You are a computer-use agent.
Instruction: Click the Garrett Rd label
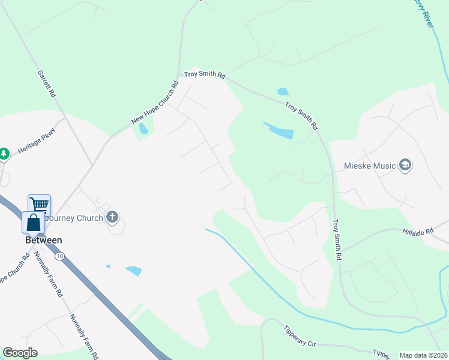[46, 83]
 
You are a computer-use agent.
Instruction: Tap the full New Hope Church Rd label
[155, 103]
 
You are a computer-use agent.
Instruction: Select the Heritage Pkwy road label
[37, 142]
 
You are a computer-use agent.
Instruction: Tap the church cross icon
[112, 217]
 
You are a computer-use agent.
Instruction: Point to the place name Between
[43, 240]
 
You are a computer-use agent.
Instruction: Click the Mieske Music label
[370, 166]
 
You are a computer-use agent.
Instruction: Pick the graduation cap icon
[405, 166]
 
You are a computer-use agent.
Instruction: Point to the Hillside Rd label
[418, 232]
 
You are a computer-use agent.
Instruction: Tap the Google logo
[20, 353]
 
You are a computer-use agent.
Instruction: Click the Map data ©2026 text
[423, 355]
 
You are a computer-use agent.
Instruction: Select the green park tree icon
[4, 154]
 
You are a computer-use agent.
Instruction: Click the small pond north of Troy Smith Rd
[283, 92]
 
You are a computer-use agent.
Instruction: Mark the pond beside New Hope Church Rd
[143, 128]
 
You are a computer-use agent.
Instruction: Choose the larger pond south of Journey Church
[133, 271]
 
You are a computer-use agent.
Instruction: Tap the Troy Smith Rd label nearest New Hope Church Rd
[205, 76]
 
